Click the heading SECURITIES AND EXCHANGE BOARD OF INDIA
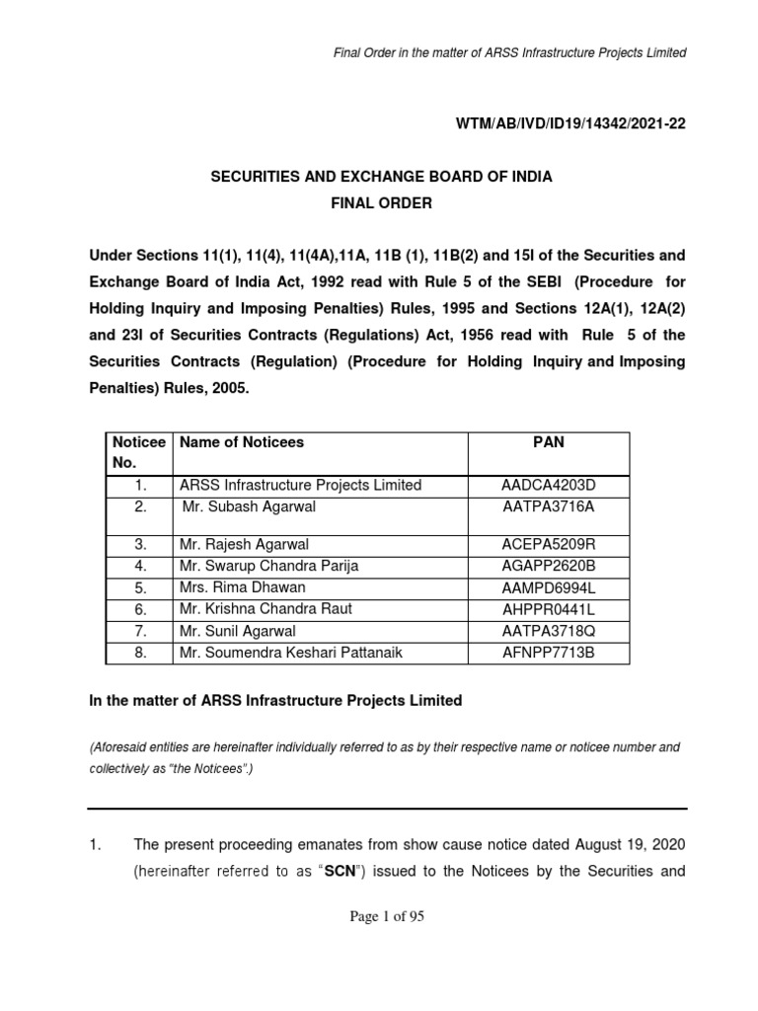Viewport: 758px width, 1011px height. (x=381, y=177)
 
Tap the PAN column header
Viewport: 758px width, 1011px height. (x=549, y=443)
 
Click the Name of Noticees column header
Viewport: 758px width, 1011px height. (x=242, y=443)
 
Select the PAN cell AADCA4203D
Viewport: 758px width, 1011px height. (x=549, y=485)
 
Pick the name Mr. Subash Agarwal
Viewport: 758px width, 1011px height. (x=249, y=506)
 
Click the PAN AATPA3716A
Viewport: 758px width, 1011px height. (x=549, y=506)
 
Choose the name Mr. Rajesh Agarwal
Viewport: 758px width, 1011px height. (x=245, y=544)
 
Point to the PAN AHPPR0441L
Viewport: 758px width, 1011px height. (x=549, y=609)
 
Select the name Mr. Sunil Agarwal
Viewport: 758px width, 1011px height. (x=238, y=631)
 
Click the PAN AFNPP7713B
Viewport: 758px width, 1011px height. (x=549, y=653)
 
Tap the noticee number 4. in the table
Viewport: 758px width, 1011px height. (x=142, y=566)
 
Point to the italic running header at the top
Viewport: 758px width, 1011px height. (x=509, y=52)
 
